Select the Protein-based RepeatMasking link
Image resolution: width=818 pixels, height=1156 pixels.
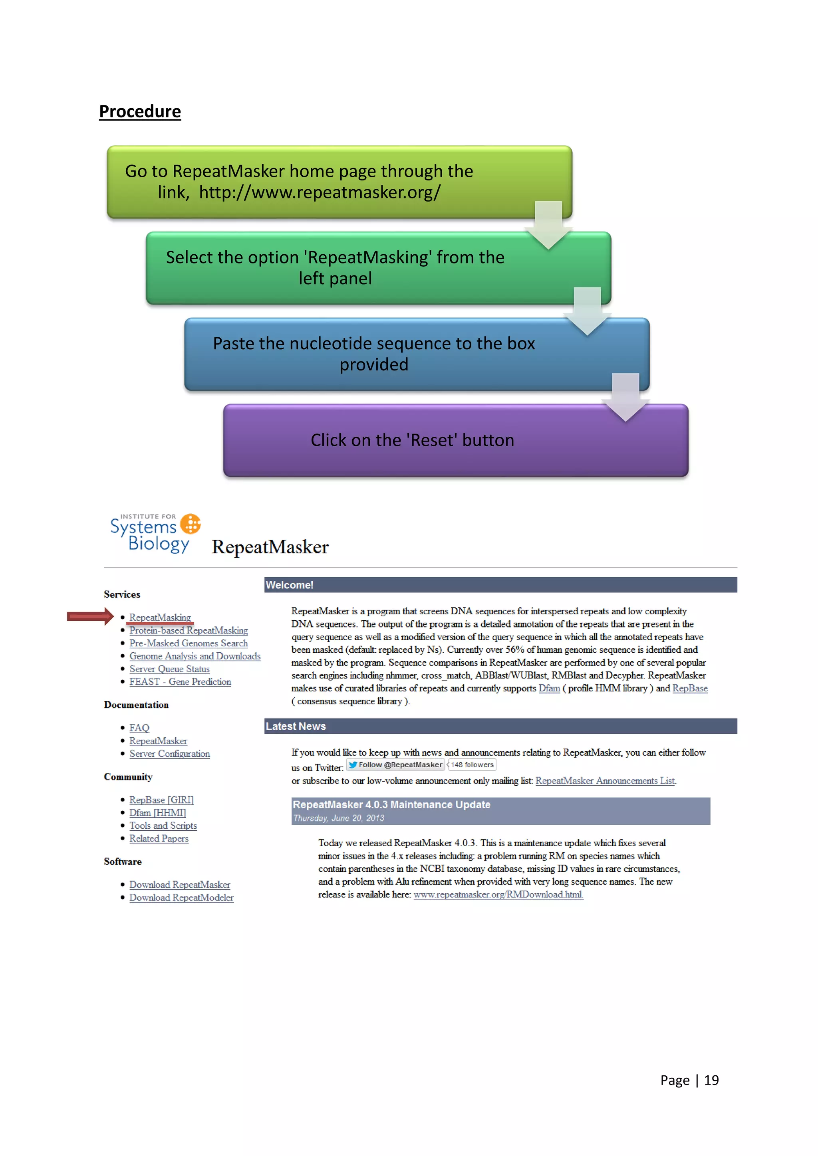[189, 630]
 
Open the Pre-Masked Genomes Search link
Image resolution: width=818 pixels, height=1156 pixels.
[189, 643]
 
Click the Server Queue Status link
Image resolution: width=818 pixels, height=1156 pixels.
[169, 669]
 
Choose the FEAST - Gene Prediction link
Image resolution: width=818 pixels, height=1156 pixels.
[180, 682]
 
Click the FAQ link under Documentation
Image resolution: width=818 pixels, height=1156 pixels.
[139, 728]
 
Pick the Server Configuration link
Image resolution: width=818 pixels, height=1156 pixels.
[169, 754]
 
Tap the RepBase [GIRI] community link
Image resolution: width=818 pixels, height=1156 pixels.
[161, 800]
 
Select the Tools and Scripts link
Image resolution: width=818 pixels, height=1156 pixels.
[163, 826]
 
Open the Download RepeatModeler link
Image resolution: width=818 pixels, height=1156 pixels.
[181, 898]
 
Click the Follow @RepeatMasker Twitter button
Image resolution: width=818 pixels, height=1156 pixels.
[395, 765]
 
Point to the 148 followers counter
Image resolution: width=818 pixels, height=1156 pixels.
[472, 765]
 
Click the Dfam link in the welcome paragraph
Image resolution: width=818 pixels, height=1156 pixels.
[549, 688]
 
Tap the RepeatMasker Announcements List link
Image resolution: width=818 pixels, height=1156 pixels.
[605, 781]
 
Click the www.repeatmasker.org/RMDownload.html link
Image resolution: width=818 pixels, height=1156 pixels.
[498, 895]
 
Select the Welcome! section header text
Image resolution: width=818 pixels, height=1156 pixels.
[290, 585]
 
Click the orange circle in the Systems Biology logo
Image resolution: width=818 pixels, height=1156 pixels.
[191, 524]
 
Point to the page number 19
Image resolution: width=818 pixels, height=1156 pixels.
[711, 1080]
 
